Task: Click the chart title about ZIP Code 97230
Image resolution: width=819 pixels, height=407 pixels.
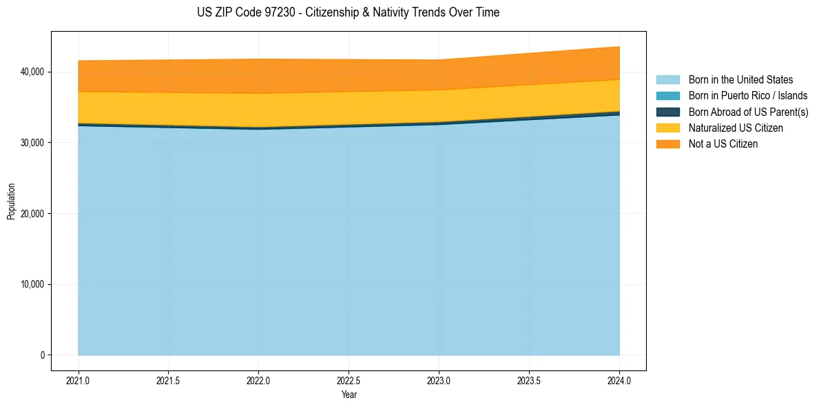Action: pyautogui.click(x=348, y=12)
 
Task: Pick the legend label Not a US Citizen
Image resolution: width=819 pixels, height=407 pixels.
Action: pyautogui.click(x=723, y=144)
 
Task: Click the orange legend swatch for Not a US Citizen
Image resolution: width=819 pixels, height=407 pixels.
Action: pyautogui.click(x=667, y=144)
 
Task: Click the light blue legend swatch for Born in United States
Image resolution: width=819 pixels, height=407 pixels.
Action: pyautogui.click(x=667, y=80)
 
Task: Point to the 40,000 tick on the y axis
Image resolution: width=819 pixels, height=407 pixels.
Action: pyautogui.click(x=32, y=72)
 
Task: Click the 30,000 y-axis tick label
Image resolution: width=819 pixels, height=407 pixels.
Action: pyautogui.click(x=32, y=143)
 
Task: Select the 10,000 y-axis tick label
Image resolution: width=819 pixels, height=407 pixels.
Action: pyautogui.click(x=32, y=284)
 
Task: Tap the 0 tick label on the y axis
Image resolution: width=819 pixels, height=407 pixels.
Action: pyautogui.click(x=41, y=355)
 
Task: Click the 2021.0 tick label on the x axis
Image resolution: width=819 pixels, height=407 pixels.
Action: pyautogui.click(x=78, y=380)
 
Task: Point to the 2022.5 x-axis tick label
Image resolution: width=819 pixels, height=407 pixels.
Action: pyautogui.click(x=349, y=380)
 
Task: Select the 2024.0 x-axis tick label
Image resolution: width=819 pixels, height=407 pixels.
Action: pyautogui.click(x=619, y=380)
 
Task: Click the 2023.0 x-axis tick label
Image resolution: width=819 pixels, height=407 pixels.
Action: pyautogui.click(x=439, y=380)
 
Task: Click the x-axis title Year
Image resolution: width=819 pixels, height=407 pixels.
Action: pyautogui.click(x=349, y=395)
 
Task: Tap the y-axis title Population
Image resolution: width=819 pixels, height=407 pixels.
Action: pyautogui.click(x=11, y=201)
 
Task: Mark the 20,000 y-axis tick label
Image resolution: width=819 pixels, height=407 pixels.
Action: pyautogui.click(x=32, y=214)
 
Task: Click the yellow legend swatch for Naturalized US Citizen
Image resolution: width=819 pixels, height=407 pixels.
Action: pyautogui.click(x=667, y=128)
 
